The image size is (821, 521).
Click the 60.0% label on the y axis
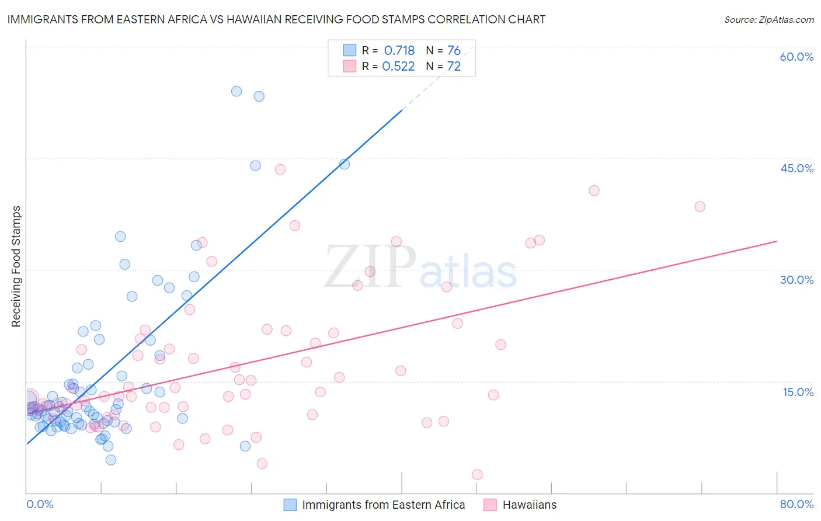[796, 57]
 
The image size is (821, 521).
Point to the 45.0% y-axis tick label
[796, 168]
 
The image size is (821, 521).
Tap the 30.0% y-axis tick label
[796, 280]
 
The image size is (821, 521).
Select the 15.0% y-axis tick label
[798, 392]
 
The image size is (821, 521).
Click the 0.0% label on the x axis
[40, 504]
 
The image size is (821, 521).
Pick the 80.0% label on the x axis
[796, 504]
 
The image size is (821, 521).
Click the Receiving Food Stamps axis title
[16, 266]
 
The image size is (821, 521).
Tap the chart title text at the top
[276, 19]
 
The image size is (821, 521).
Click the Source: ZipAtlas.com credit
[768, 19]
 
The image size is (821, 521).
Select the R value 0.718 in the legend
[399, 50]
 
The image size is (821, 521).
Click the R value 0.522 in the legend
[398, 66]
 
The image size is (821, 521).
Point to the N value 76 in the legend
[454, 50]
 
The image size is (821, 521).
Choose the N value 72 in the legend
[454, 66]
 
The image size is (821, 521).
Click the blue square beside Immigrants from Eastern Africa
[290, 505]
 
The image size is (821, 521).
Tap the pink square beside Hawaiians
[490, 505]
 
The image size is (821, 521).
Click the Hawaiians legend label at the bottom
[530, 505]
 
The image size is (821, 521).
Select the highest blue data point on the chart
[236, 91]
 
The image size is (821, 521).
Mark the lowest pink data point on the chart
[477, 475]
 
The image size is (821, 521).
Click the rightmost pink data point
[700, 207]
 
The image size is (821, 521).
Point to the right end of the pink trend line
[777, 241]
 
